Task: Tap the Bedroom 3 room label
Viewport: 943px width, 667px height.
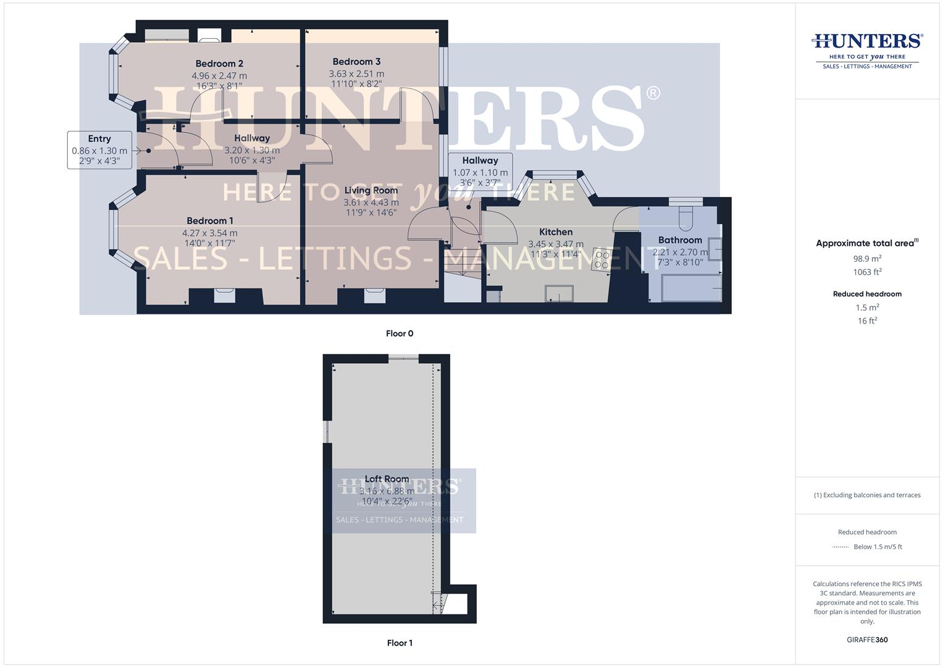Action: tap(356, 62)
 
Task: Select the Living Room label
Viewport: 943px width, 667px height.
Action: tap(371, 190)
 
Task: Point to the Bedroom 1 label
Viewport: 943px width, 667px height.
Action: tap(210, 220)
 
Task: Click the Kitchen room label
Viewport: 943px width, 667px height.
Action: tap(556, 232)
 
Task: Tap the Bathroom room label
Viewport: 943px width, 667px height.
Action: tap(680, 240)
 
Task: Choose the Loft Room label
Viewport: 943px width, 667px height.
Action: tap(387, 479)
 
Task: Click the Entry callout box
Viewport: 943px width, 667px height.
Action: tap(99, 150)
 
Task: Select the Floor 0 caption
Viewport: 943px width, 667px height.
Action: tap(400, 333)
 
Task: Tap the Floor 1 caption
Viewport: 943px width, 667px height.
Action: tap(400, 643)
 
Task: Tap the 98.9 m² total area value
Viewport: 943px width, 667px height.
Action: tap(867, 259)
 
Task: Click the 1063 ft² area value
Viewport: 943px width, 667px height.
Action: tap(867, 272)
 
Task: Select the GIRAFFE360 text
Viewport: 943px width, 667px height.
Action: tap(867, 640)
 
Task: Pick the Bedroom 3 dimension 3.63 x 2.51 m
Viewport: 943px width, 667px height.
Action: tap(356, 73)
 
